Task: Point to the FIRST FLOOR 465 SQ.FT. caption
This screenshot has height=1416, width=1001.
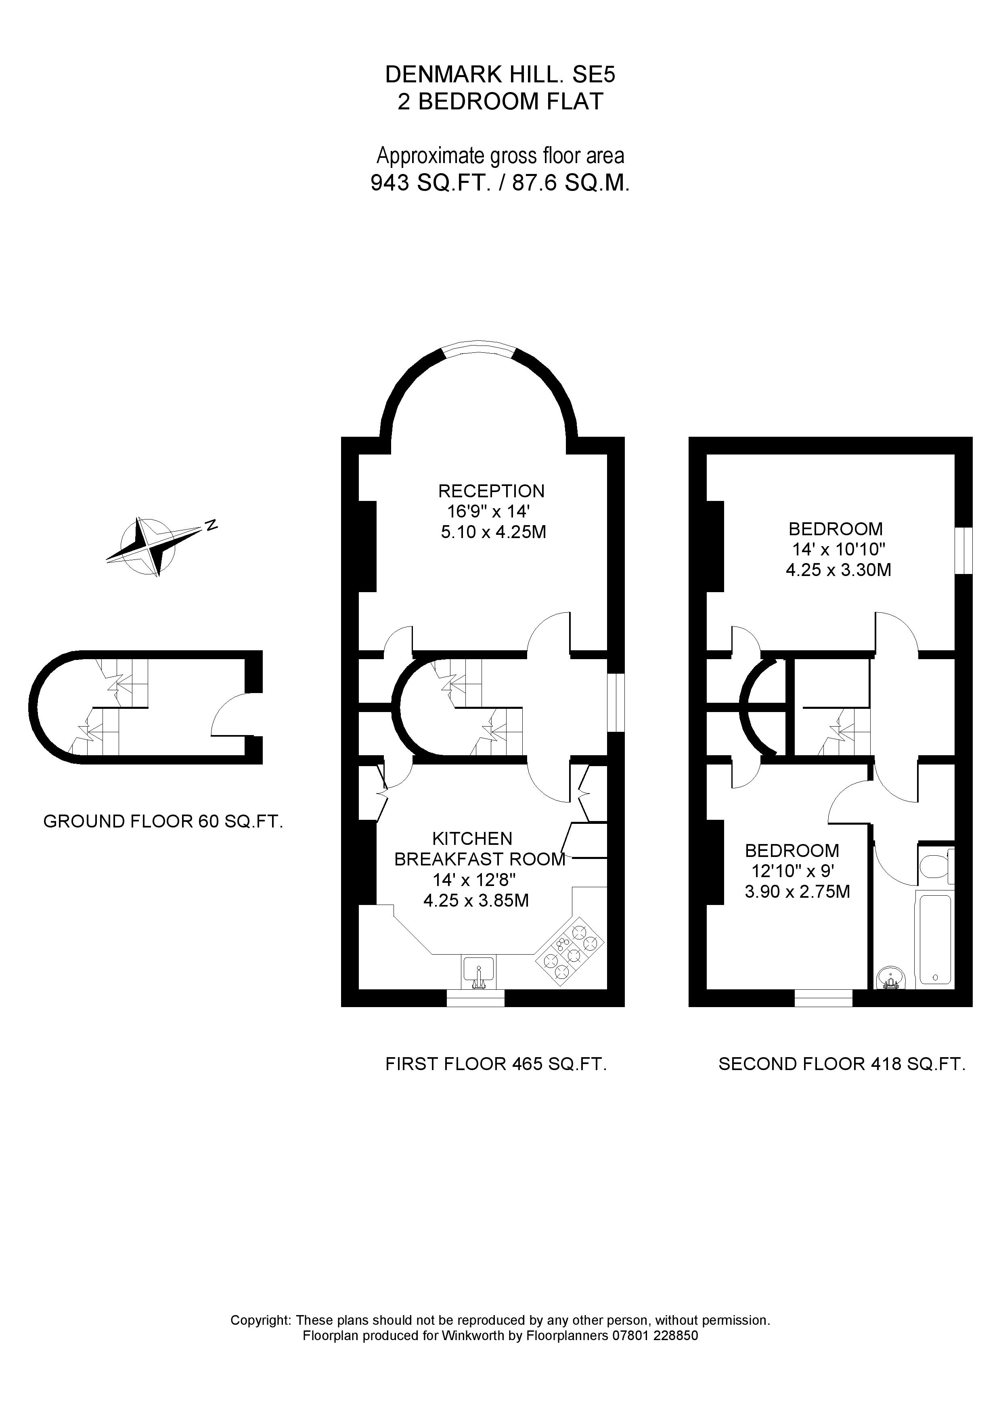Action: pos(496,1064)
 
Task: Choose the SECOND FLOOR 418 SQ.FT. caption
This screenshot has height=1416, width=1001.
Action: pos(841,1064)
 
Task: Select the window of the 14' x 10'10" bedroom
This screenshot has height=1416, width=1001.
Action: pos(963,551)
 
